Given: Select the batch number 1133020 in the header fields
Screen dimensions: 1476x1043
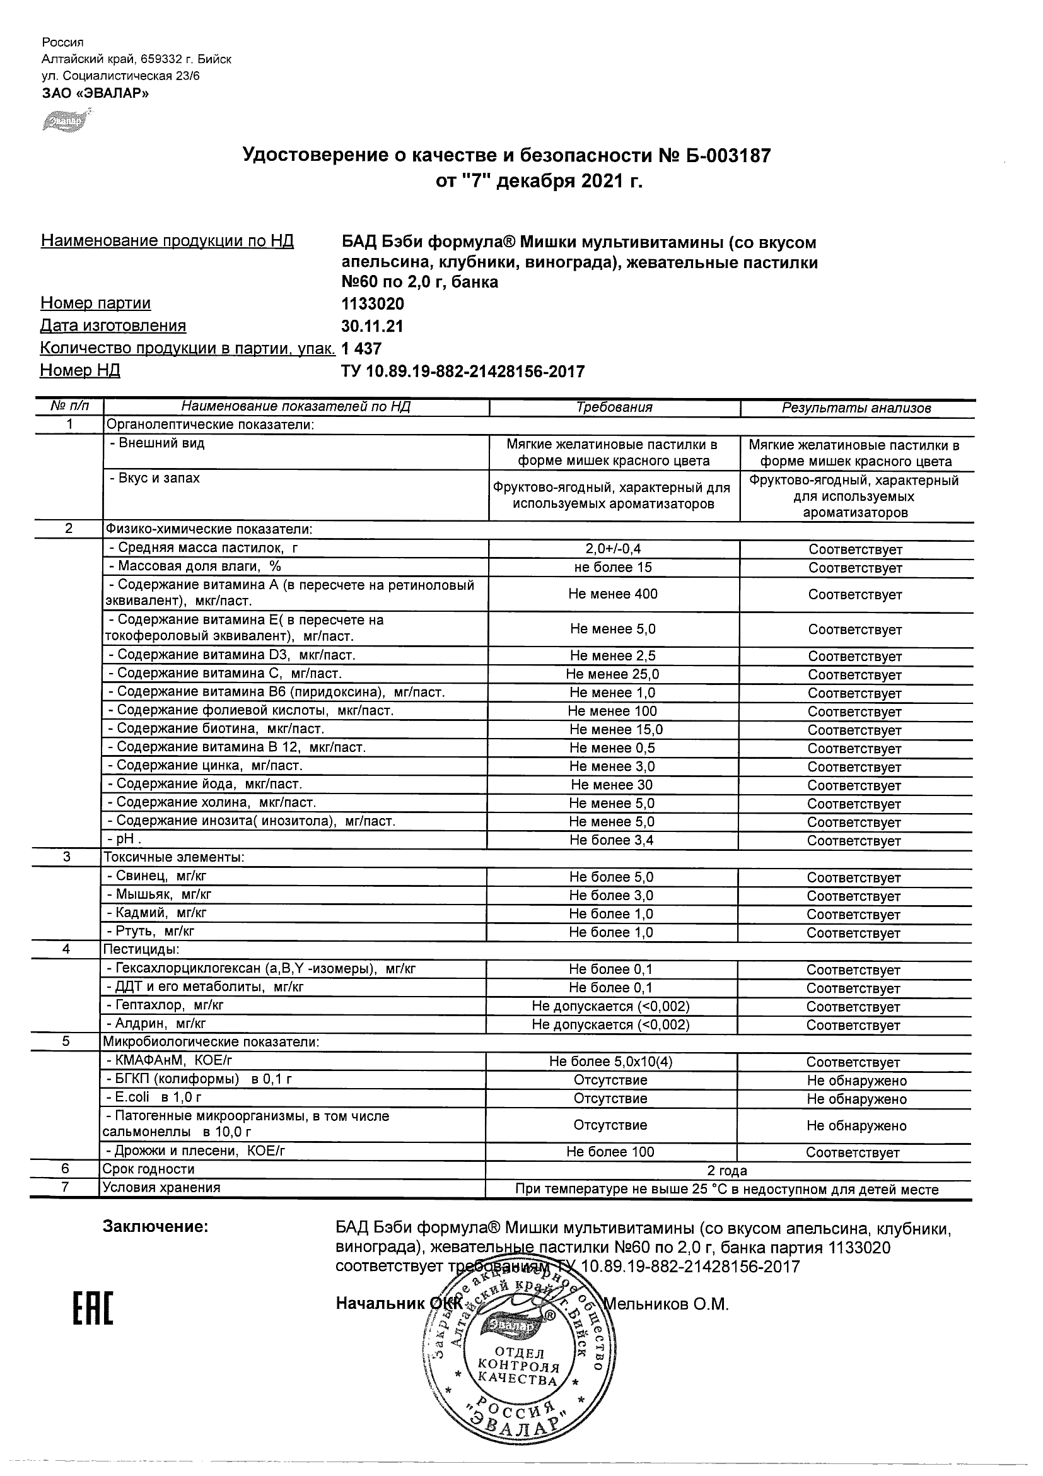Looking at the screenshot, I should click(x=373, y=303).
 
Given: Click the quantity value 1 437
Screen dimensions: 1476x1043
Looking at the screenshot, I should click(x=361, y=348).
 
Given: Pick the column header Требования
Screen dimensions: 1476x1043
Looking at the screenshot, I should click(x=614, y=407).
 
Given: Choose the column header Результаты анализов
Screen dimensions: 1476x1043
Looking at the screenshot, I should click(x=856, y=408).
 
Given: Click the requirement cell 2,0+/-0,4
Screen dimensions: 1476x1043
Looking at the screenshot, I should click(x=613, y=549).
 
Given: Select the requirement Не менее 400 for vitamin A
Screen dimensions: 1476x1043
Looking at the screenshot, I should click(x=613, y=594).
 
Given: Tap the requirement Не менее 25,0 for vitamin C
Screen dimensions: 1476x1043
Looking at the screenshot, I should click(x=612, y=674).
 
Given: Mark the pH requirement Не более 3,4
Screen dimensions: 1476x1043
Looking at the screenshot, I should click(x=612, y=840).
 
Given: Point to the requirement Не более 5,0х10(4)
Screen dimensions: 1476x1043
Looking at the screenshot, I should click(x=610, y=1062).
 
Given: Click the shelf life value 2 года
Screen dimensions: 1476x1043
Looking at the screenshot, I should click(x=728, y=1171).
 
